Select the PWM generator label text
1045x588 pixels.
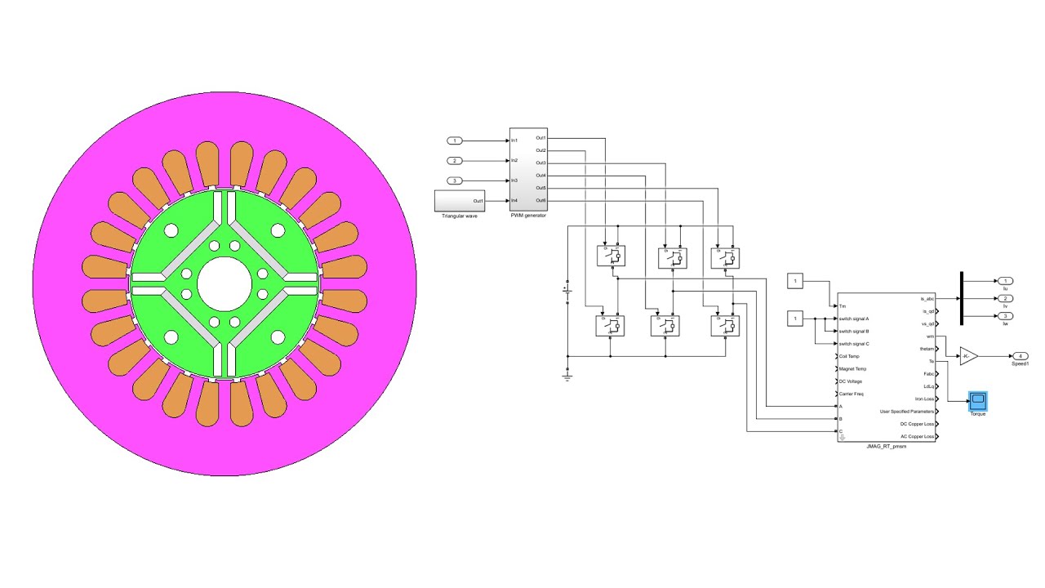click(528, 215)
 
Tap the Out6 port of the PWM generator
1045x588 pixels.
click(540, 200)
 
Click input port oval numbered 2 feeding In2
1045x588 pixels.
click(456, 161)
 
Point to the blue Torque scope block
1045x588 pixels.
click(977, 401)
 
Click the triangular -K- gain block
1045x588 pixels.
click(967, 356)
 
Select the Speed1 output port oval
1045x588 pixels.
click(1020, 356)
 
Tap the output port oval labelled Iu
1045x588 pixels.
click(1005, 281)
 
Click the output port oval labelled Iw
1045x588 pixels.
click(1005, 316)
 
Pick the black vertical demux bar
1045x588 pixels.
click(961, 298)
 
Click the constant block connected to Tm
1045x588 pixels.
click(794, 282)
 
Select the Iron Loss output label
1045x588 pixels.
click(924, 399)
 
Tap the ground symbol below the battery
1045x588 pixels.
click(567, 376)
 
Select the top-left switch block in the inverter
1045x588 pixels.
click(611, 257)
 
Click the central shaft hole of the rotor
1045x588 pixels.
click(225, 283)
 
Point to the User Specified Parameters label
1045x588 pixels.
click(906, 412)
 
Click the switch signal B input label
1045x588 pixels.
click(854, 332)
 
